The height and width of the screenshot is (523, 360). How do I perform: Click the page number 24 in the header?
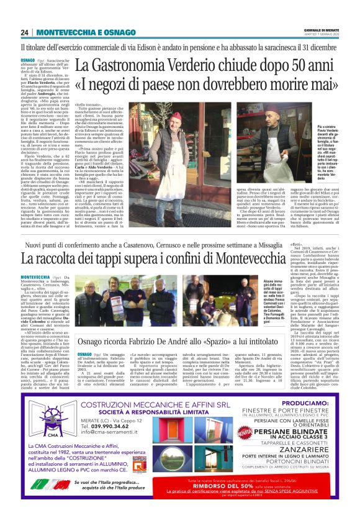(25, 32)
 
